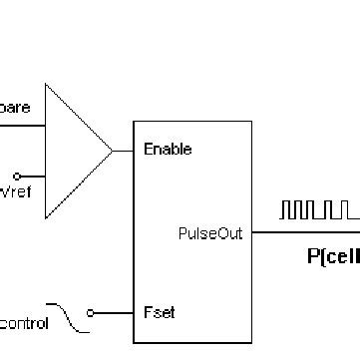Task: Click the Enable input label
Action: click(168, 150)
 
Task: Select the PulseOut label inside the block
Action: click(209, 234)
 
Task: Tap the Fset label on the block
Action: click(160, 312)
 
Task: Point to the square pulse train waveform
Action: click(318, 210)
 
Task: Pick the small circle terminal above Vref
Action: click(43, 176)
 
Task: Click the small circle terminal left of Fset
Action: click(91, 313)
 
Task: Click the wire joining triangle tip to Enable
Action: click(123, 151)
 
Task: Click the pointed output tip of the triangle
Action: click(112, 151)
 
